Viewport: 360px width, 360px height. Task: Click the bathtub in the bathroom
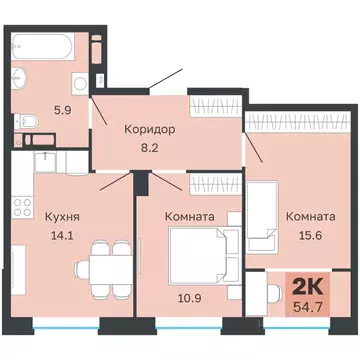tap(49, 47)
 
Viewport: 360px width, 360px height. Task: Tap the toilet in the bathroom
tap(31, 121)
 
